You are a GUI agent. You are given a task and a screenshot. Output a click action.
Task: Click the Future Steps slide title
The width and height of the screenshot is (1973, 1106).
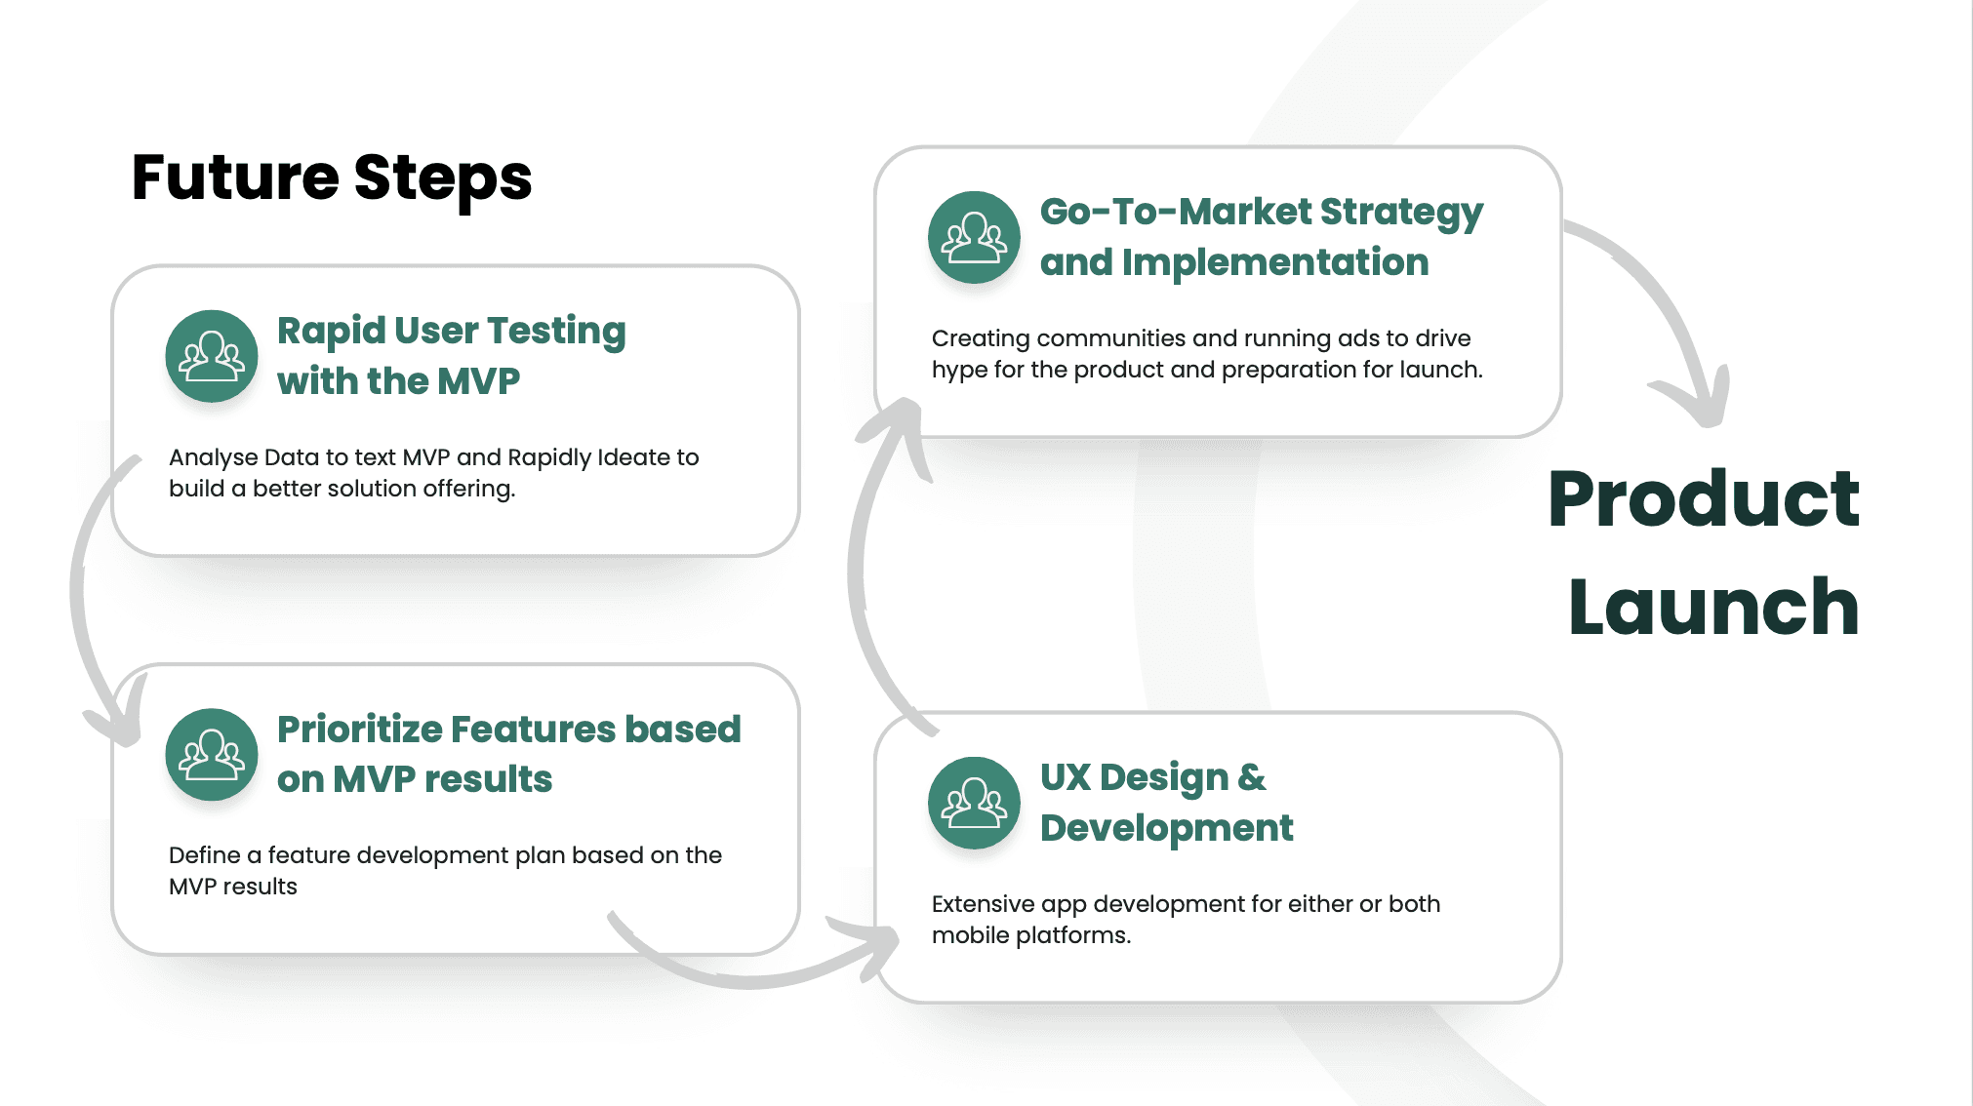(332, 178)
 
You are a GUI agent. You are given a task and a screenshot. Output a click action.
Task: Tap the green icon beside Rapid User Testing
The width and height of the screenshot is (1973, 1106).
(212, 356)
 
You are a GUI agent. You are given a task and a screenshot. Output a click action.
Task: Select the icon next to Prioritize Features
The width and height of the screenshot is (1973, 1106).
(212, 754)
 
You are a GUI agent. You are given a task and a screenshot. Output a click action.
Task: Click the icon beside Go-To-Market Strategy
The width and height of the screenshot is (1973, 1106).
(974, 237)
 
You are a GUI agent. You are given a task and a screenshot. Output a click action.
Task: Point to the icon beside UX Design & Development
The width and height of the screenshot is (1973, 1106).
(974, 803)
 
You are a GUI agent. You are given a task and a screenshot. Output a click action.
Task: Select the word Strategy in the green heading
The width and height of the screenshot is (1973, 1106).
(1401, 214)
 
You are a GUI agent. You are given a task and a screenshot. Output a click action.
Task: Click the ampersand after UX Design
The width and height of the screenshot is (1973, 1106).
(1252, 777)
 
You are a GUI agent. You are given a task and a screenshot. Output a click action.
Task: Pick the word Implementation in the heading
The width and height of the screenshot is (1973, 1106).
(1275, 262)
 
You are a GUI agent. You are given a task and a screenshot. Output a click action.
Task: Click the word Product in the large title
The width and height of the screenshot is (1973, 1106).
(1704, 498)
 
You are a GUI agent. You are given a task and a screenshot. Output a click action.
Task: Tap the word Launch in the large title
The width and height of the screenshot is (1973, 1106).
(1713, 607)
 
